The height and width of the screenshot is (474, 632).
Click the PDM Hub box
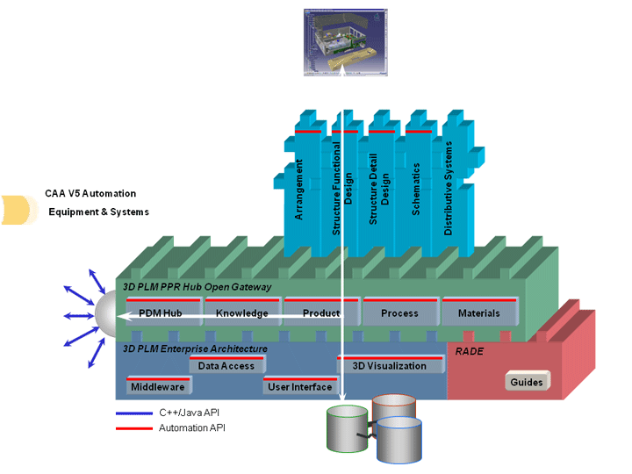click(160, 313)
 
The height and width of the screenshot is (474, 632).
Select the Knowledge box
click(241, 313)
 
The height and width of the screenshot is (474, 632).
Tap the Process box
click(399, 313)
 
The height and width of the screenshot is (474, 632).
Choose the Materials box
click(478, 313)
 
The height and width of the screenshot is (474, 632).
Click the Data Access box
click(226, 366)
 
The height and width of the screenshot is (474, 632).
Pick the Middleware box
click(157, 386)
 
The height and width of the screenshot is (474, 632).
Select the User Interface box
click(300, 386)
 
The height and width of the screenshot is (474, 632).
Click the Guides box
click(528, 382)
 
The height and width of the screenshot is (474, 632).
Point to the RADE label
click(469, 350)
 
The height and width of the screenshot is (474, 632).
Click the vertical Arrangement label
click(299, 189)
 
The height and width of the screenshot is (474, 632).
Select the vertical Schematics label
click(416, 189)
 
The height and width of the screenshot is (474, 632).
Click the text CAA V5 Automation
click(90, 193)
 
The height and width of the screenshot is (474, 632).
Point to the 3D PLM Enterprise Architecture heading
click(195, 349)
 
